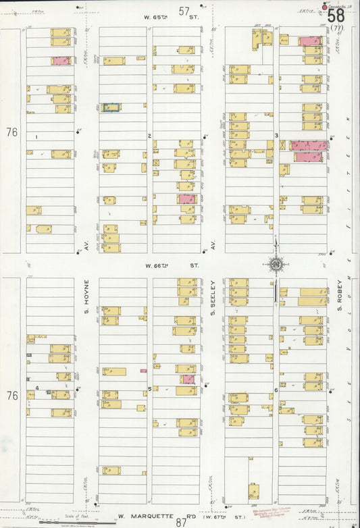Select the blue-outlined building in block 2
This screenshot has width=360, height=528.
coord(111,107)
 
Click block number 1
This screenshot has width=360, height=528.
coord(36,136)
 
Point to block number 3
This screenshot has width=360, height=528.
coord(277,136)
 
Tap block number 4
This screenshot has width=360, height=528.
coord(37,388)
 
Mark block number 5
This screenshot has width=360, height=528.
coord(149,389)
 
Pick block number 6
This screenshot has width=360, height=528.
coord(276,390)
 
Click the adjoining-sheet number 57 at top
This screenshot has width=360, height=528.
coord(184,11)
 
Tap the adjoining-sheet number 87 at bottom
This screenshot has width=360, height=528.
coord(181,522)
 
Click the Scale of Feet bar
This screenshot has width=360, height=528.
coord(68,521)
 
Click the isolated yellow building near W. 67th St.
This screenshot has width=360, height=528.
coord(253,491)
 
